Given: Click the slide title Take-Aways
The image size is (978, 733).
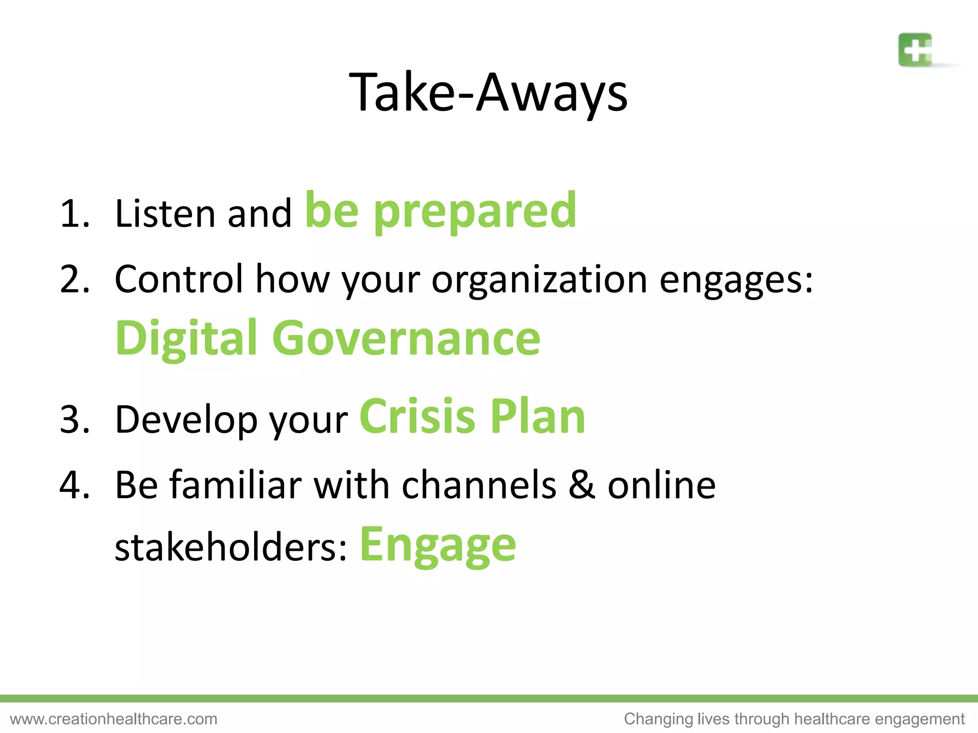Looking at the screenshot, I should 488,93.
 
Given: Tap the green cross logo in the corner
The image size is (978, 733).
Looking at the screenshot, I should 915,50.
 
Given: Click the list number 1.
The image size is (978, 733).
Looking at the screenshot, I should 74,213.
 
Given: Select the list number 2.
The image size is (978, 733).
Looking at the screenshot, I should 74,279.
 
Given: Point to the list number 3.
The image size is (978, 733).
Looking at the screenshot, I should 74,419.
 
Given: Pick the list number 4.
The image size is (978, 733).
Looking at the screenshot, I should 74,485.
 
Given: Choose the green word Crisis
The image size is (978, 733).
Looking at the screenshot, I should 417,417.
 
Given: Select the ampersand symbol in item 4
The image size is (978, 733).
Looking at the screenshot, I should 582,485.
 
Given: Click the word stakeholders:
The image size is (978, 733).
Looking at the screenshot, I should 231,547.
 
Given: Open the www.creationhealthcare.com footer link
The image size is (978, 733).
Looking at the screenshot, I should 114,719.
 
